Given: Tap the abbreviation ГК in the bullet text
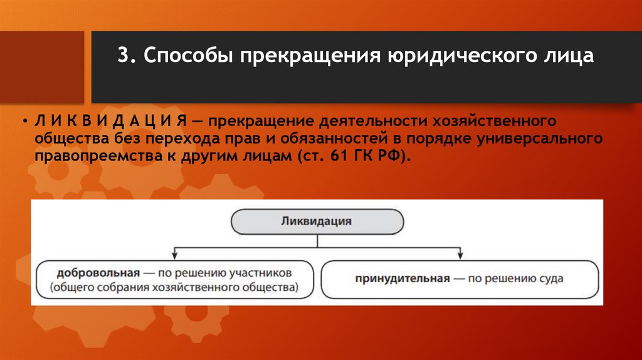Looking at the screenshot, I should click(366, 156).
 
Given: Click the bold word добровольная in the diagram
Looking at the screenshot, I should click(97, 274).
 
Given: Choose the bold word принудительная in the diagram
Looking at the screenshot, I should click(402, 278).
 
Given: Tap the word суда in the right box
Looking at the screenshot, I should click(550, 278).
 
